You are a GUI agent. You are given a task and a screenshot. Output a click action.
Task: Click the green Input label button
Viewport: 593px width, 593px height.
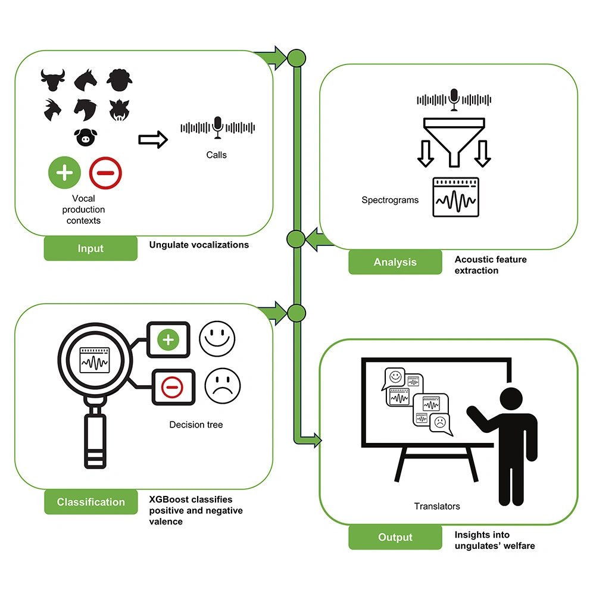[x=90, y=249]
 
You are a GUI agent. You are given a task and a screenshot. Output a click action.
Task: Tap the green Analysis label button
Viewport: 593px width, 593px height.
[x=395, y=262]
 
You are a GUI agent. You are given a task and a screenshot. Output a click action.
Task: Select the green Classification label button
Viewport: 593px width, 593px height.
[x=90, y=502]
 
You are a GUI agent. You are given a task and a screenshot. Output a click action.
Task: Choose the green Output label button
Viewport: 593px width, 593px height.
[x=395, y=537]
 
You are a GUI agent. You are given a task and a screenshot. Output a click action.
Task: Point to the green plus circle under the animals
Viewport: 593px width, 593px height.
[x=64, y=173]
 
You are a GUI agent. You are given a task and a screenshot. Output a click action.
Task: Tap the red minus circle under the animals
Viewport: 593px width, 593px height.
[x=105, y=173]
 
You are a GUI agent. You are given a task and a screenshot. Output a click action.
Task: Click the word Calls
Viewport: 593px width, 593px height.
[x=217, y=155]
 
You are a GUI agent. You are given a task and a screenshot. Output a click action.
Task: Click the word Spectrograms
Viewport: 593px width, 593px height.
[x=390, y=200]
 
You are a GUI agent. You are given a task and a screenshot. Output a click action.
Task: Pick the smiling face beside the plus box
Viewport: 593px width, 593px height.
[x=217, y=340]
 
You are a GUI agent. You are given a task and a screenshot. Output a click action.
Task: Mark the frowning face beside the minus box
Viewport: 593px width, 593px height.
[x=223, y=385]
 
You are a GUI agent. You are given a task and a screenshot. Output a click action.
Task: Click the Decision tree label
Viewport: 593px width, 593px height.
[x=196, y=425]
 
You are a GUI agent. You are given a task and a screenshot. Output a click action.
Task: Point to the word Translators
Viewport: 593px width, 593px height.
[x=437, y=506]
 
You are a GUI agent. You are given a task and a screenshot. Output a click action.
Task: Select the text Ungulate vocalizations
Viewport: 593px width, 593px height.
[x=199, y=244]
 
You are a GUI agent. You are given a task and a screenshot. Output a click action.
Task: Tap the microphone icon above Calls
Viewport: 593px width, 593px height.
[x=218, y=126]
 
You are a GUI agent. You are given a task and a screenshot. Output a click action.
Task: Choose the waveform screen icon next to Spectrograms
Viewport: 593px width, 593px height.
[x=456, y=198]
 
